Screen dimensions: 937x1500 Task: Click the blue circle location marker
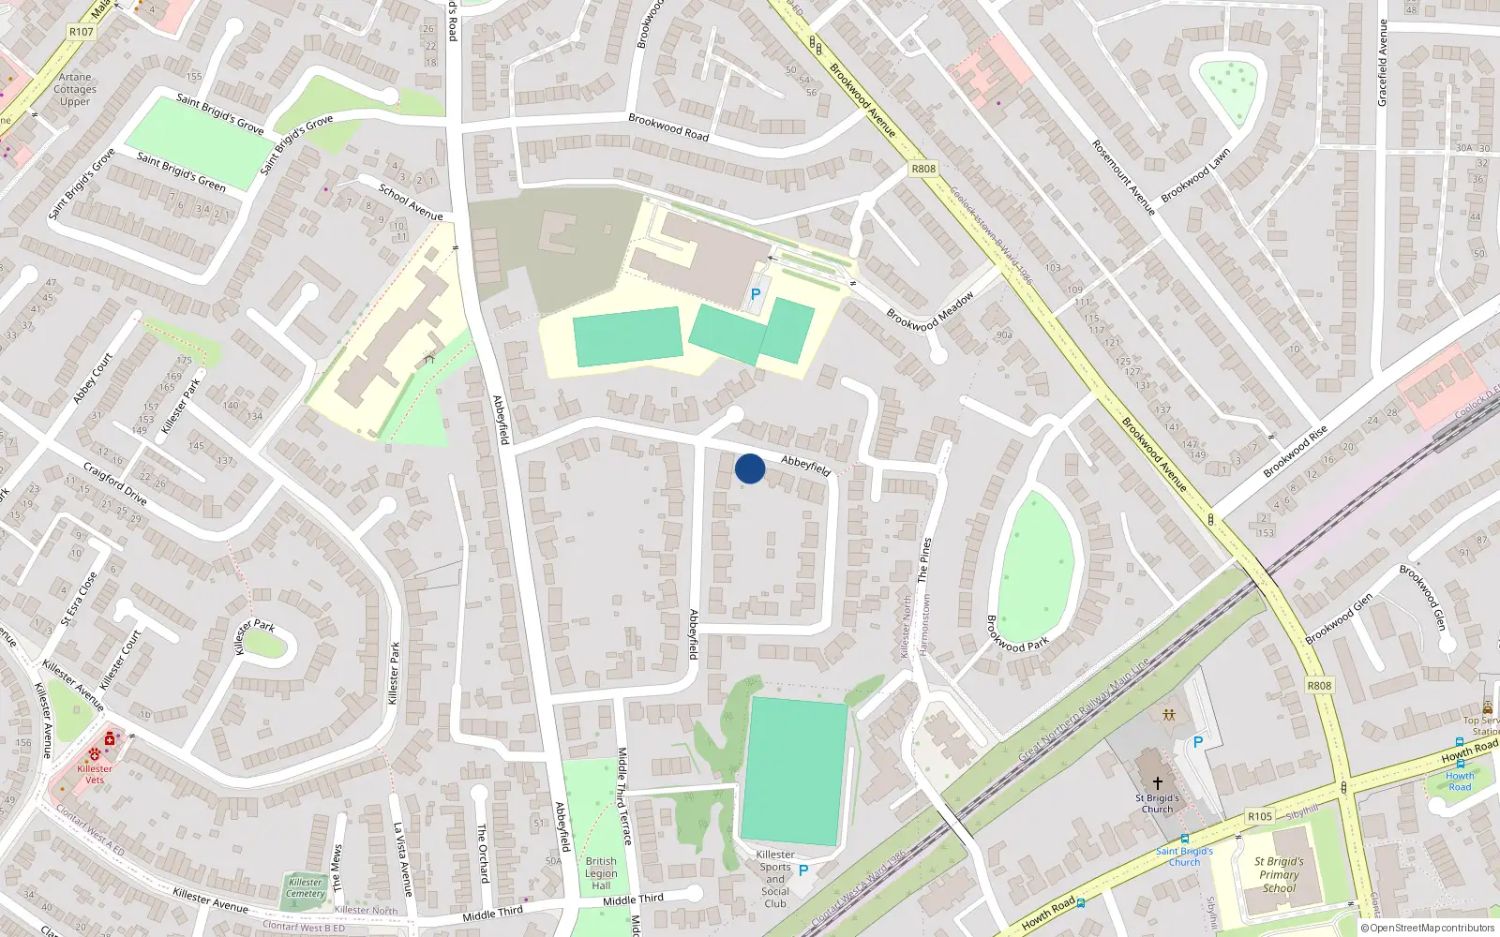[x=750, y=468]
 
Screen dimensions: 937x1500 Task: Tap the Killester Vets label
[x=95, y=774]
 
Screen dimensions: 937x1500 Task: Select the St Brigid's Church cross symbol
[x=1158, y=782]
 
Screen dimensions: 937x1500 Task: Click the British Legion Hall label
[x=601, y=873]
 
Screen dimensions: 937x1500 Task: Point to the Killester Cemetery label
[x=306, y=887]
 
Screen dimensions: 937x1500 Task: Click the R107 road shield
[x=82, y=32]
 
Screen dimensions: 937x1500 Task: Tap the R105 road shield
[x=1260, y=816]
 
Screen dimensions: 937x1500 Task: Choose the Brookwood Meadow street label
[x=930, y=310]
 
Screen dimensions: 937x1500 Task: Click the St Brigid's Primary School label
[x=1279, y=874]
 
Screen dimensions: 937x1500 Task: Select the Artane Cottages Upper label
[x=75, y=90]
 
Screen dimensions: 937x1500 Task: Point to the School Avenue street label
[x=411, y=201]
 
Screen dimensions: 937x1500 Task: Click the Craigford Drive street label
[x=115, y=483]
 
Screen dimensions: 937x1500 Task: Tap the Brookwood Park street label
[x=1016, y=634]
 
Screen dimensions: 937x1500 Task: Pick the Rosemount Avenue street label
[x=1123, y=177]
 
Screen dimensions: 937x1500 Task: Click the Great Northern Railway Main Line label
[x=1084, y=709]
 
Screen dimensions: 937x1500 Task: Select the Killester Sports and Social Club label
[x=775, y=879]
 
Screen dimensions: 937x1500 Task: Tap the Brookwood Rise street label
[x=1295, y=452]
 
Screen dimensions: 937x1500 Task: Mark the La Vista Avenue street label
[x=402, y=859]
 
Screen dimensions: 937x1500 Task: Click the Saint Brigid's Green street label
[x=181, y=171]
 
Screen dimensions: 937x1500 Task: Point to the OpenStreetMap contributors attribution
[x=1427, y=929]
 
